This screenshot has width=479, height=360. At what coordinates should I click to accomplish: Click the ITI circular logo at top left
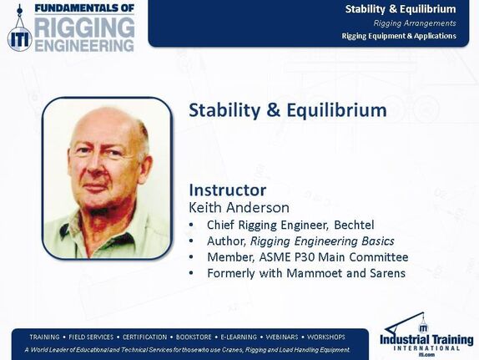[x=18, y=36]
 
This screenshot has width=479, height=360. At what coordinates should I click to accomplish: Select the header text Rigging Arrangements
[x=414, y=23]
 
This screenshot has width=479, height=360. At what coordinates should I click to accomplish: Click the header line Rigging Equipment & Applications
[x=399, y=36]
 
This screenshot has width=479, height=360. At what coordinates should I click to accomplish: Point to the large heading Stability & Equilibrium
[x=288, y=110]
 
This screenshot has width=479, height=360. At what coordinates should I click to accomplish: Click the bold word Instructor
[x=228, y=189]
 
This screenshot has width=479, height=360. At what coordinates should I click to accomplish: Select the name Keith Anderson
[x=239, y=207]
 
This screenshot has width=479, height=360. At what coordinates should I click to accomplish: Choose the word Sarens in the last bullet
[x=385, y=273]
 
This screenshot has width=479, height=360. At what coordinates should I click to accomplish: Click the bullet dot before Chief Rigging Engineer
[x=193, y=226]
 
